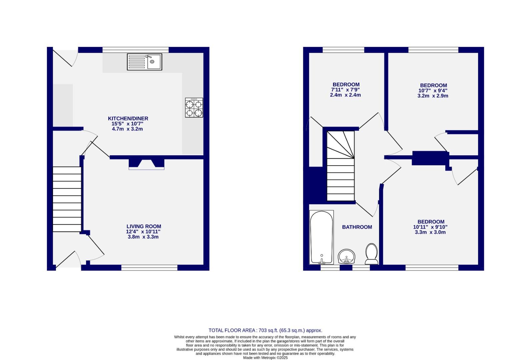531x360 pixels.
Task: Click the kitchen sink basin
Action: click(154, 62)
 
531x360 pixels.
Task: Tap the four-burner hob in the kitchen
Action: click(194, 108)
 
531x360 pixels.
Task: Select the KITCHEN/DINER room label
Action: click(128, 118)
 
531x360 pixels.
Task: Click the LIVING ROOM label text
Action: click(144, 226)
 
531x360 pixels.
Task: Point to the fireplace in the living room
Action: click(147, 164)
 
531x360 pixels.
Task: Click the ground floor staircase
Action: click(67, 199)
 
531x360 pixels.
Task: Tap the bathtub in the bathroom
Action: click(321, 237)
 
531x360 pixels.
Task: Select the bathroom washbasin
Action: click(347, 257)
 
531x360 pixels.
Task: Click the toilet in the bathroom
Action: click(371, 253)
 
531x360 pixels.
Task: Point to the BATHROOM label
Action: click(357, 227)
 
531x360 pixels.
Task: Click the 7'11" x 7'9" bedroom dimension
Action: click(345, 90)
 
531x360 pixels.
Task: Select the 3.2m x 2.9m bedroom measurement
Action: click(433, 96)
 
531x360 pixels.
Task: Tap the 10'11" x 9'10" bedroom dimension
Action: click(430, 227)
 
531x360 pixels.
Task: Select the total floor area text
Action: click(265, 330)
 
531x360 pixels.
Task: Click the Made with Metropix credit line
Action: click(265, 358)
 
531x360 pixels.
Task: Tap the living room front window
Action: click(149, 267)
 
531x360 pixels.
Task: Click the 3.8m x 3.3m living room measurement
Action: click(143, 237)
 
